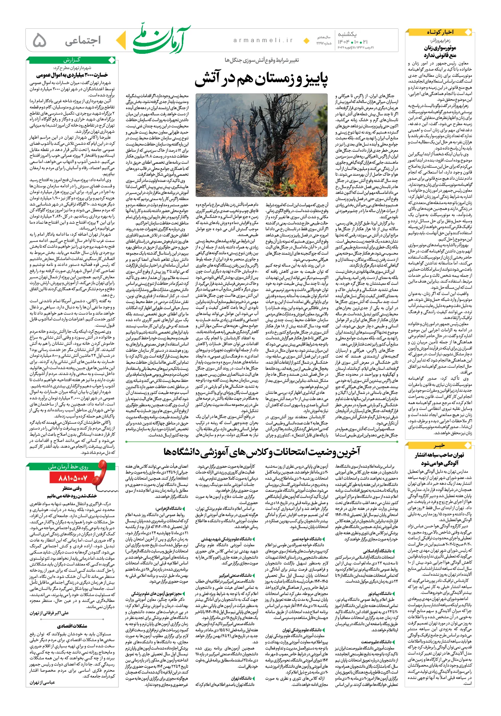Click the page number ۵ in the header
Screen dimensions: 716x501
click(x=39, y=40)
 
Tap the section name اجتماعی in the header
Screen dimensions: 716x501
click(x=83, y=40)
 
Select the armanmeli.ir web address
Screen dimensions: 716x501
click(x=263, y=40)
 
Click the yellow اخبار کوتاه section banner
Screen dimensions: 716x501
click(x=440, y=32)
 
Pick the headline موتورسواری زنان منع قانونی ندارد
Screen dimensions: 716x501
click(x=440, y=51)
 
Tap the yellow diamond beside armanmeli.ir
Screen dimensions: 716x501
click(x=306, y=40)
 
